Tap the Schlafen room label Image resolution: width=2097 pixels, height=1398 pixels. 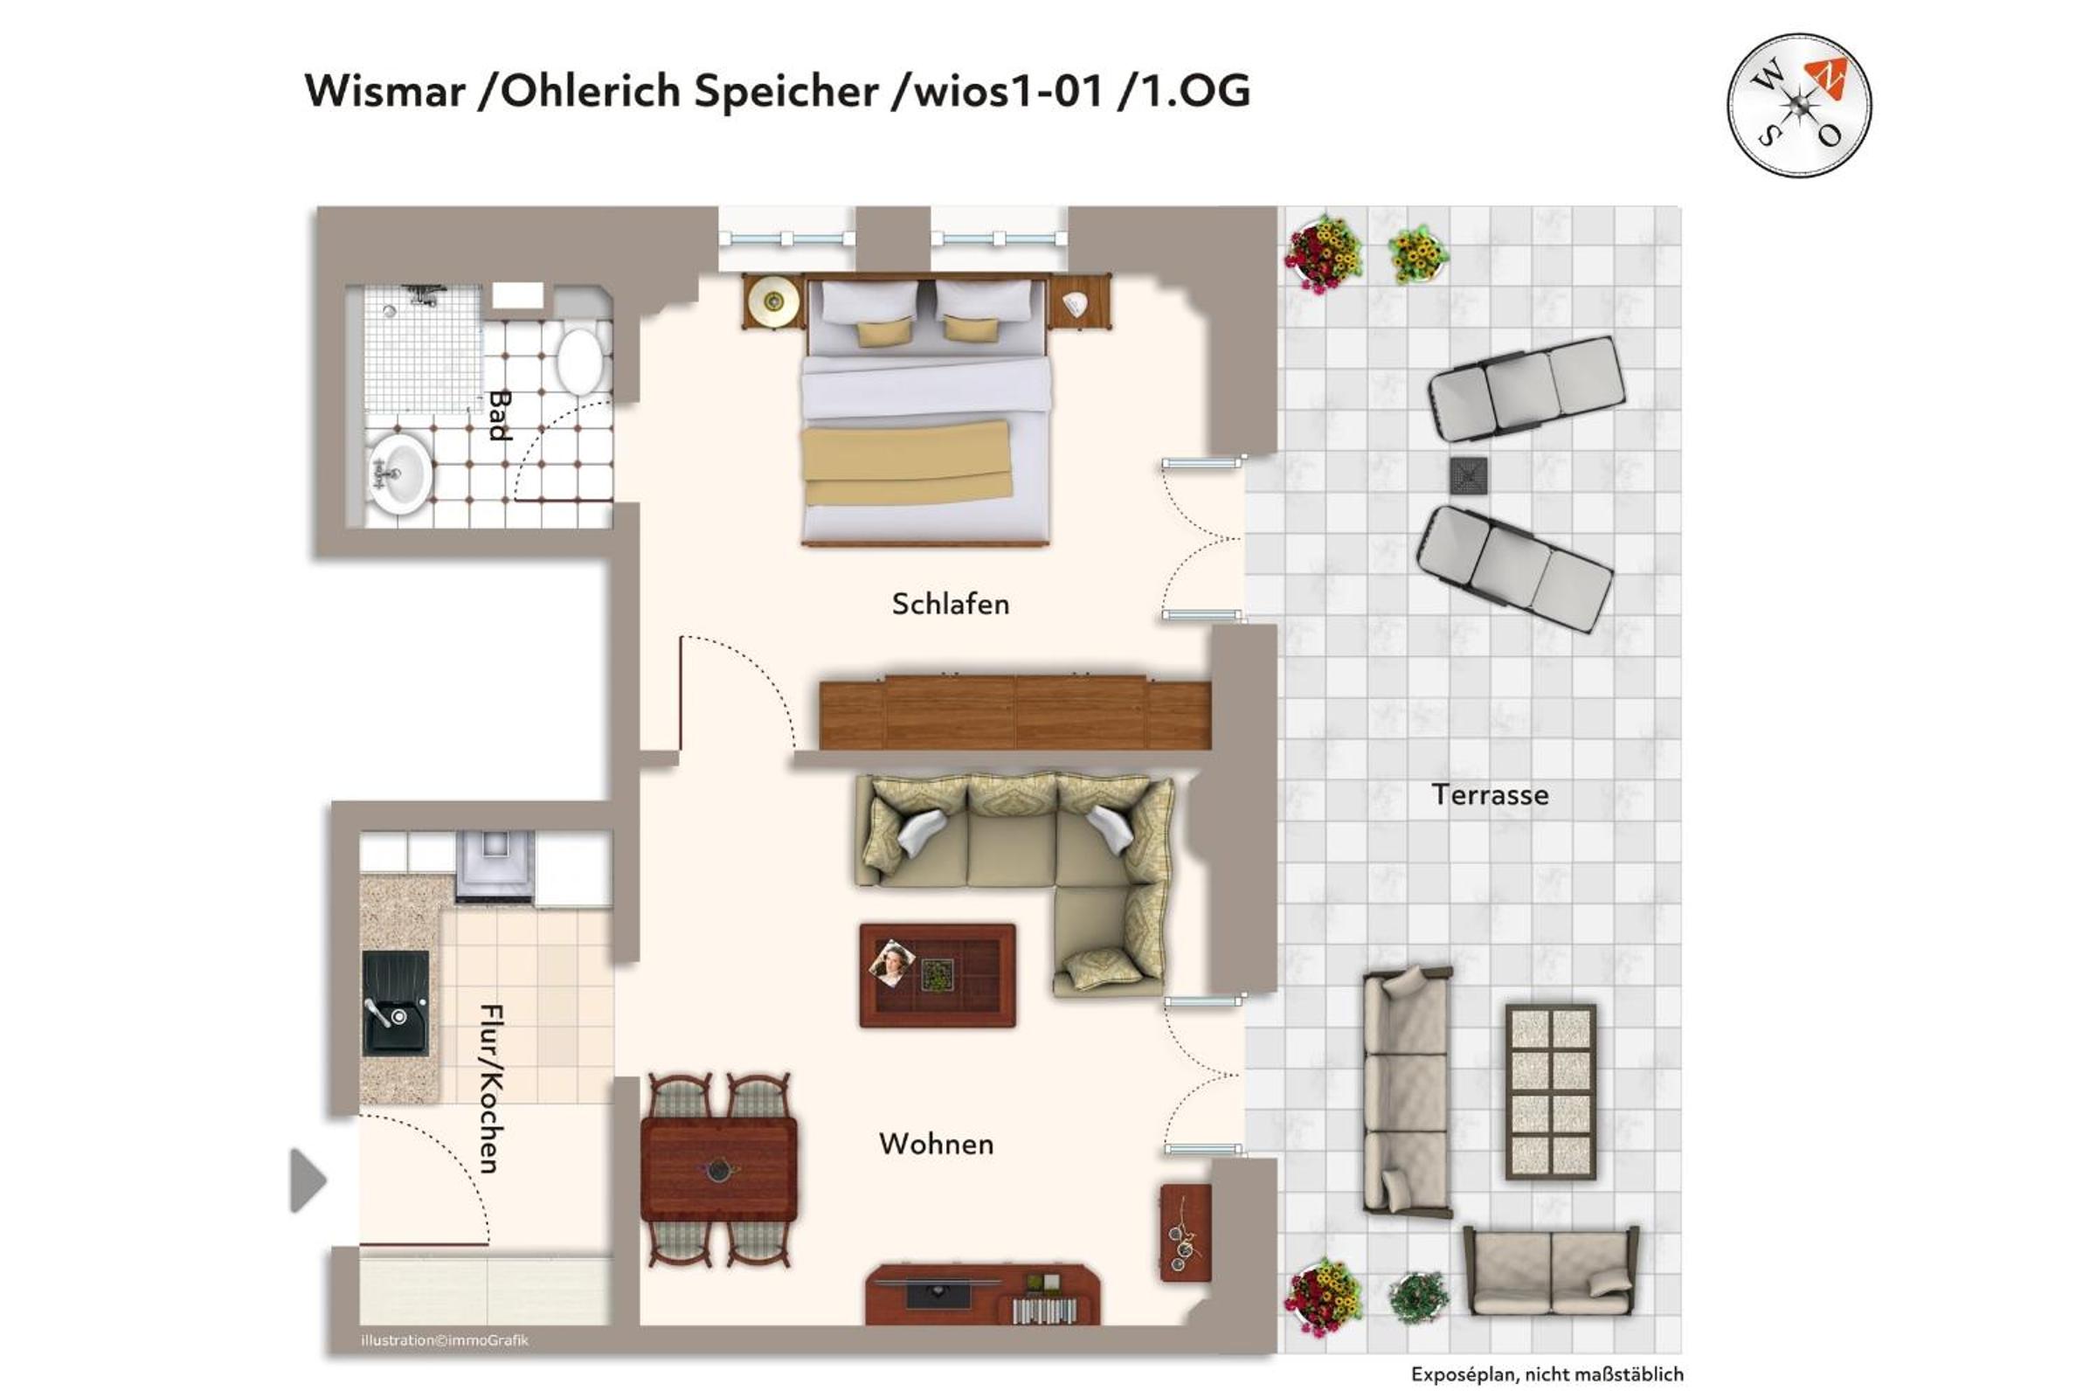[951, 605]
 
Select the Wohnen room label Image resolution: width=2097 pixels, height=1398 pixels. [936, 1144]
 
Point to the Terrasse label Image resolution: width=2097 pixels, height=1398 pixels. [1490, 794]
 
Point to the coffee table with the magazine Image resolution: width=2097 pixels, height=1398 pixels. [937, 975]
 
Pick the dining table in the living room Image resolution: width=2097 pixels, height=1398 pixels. [718, 1169]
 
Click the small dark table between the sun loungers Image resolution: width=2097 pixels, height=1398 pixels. [1468, 475]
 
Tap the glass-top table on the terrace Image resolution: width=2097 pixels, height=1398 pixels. [1550, 1092]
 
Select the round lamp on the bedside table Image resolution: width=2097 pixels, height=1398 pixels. [773, 301]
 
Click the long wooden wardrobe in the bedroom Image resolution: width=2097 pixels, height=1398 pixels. [1014, 713]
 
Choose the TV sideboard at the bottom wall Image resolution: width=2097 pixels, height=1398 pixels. [982, 1294]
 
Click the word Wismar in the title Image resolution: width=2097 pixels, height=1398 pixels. [385, 91]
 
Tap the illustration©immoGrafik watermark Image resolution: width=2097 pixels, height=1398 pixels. [445, 1340]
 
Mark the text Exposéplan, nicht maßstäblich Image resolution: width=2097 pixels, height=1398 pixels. [1547, 1374]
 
